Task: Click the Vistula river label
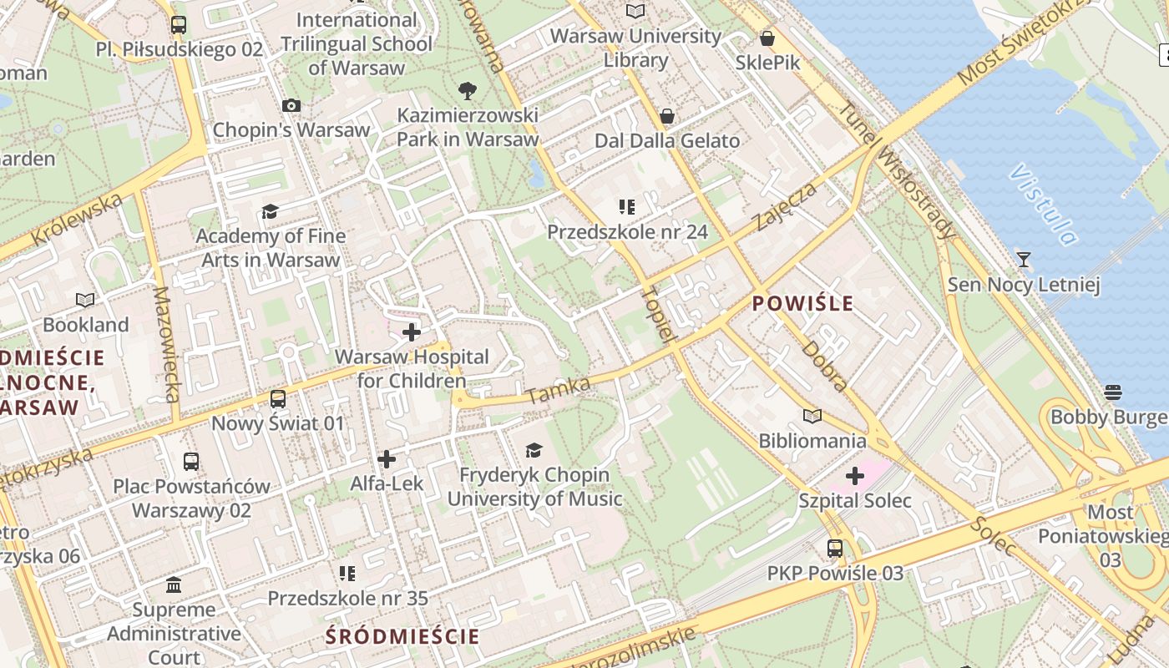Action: pos(1043,205)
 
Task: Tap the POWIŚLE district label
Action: pos(802,302)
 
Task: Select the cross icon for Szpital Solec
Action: pos(854,477)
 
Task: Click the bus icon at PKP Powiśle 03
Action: pos(834,549)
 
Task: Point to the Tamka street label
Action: pos(559,390)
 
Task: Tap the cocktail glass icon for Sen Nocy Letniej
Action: pos(1023,260)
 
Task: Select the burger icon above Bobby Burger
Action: pos(1111,392)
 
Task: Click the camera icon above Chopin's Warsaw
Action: pos(291,105)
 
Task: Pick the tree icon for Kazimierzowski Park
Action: pos(467,91)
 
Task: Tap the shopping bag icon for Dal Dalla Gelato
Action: pos(666,115)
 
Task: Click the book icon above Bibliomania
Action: pos(812,415)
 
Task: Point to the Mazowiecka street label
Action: pos(167,344)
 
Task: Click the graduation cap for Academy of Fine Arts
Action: pos(270,212)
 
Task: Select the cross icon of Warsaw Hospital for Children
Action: pos(411,333)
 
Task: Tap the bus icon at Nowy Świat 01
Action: pos(277,399)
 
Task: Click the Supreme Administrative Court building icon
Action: pos(174,584)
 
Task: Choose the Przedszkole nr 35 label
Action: pos(347,598)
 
